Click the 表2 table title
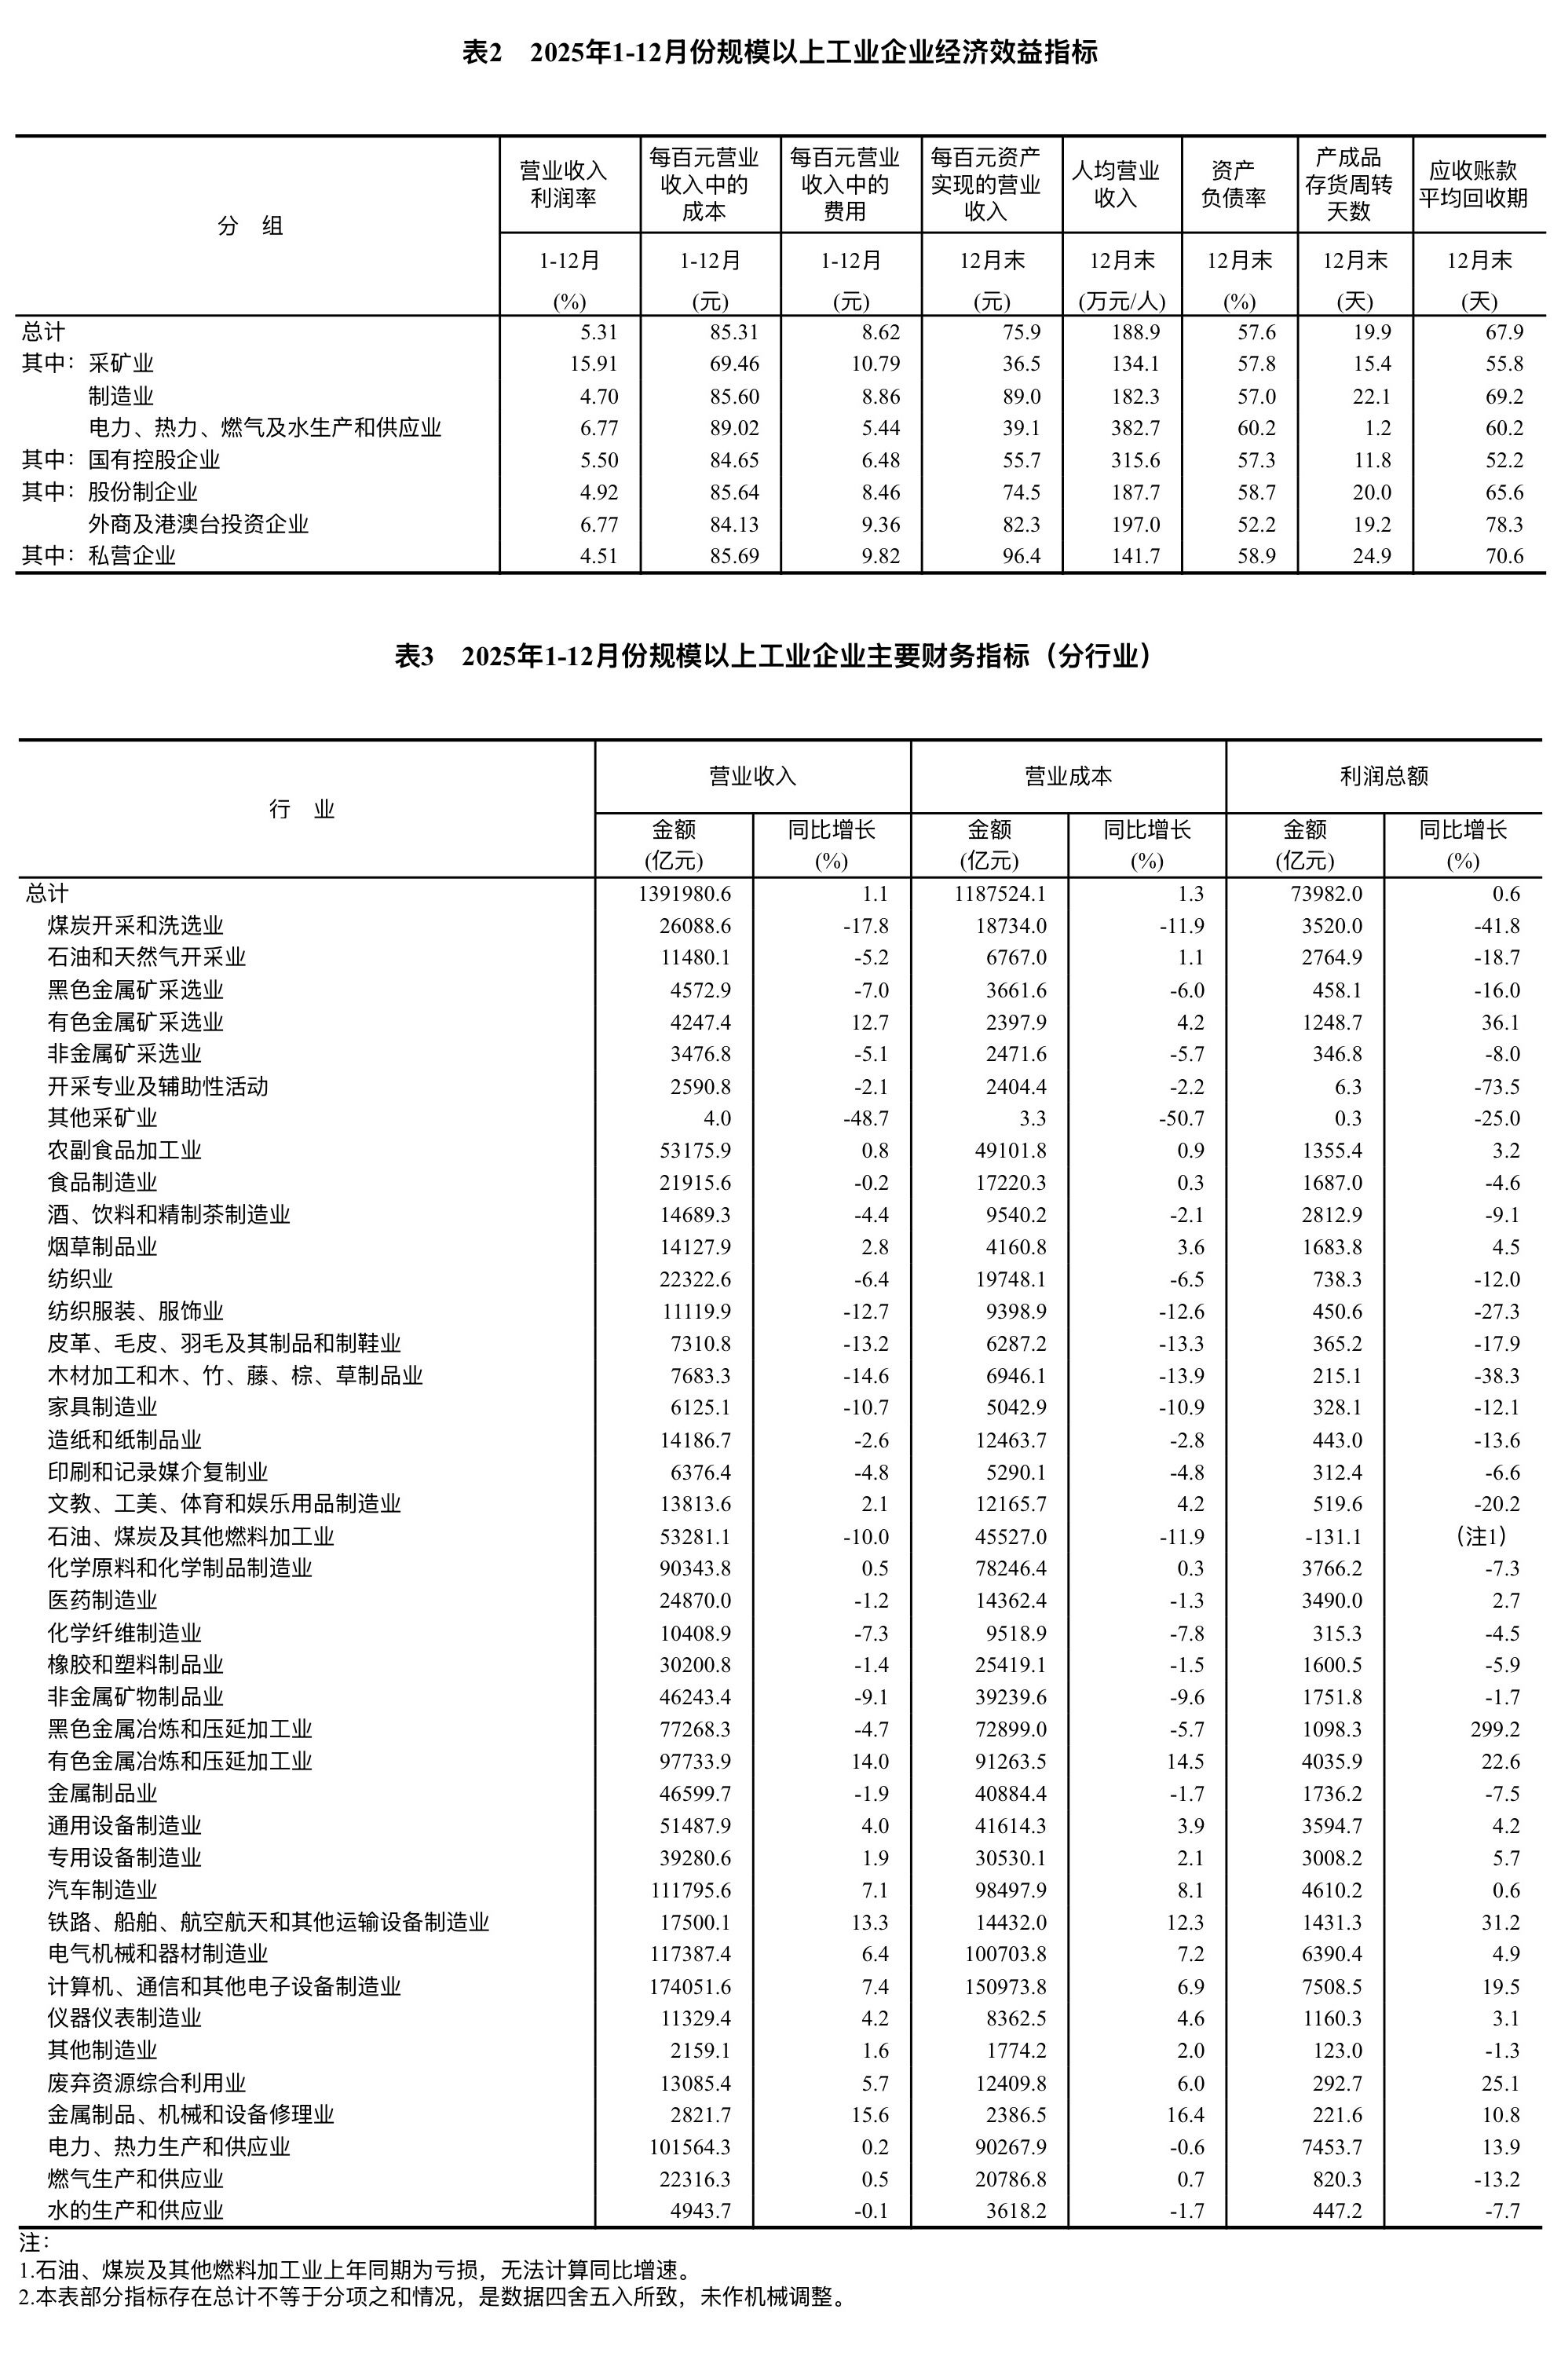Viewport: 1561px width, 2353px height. (780, 53)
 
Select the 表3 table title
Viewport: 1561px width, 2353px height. (780, 657)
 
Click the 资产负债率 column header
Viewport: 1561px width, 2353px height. (1238, 185)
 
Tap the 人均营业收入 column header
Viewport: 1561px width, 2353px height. (1121, 185)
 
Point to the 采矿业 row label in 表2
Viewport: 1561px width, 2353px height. (122, 364)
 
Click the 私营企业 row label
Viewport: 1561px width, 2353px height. (133, 555)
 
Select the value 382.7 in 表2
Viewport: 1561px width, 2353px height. (1136, 428)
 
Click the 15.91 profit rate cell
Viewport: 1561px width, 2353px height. (594, 364)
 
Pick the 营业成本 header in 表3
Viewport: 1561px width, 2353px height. (1067, 777)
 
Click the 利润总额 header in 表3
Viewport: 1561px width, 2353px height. (1383, 777)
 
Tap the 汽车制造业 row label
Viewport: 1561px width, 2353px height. (103, 1889)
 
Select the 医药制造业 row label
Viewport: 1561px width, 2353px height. (103, 1600)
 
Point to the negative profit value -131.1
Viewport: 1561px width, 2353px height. (1333, 1536)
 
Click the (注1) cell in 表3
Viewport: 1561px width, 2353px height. (1482, 1536)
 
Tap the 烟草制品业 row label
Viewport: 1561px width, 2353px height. (103, 1246)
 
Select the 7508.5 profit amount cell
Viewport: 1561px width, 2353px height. (1332, 1986)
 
